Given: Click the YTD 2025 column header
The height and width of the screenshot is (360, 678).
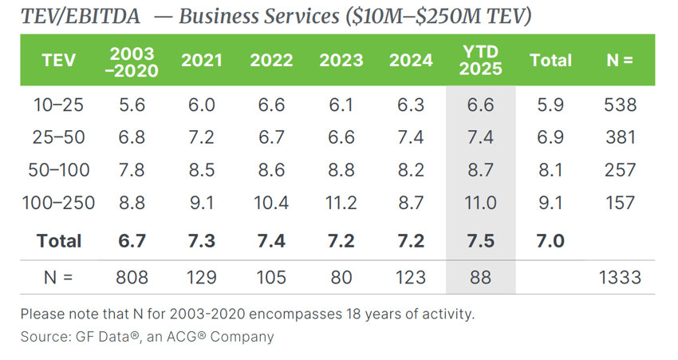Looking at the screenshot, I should pyautogui.click(x=481, y=60).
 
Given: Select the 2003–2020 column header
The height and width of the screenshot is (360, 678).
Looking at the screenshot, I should pyautogui.click(x=133, y=61).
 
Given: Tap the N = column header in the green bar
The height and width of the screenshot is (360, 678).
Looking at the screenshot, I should pyautogui.click(x=620, y=61).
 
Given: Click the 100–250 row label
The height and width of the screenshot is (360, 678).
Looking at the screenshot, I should pyautogui.click(x=59, y=203).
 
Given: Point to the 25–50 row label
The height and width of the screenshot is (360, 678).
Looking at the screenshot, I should pyautogui.click(x=59, y=137).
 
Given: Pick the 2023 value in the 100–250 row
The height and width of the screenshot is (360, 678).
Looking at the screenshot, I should pyautogui.click(x=341, y=203).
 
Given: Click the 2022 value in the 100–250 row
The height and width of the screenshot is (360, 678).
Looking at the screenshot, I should pyautogui.click(x=271, y=203).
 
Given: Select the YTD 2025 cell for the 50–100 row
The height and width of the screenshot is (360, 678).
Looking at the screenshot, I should pyautogui.click(x=481, y=170).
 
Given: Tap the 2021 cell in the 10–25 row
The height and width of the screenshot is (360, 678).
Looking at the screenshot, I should pyautogui.click(x=202, y=105).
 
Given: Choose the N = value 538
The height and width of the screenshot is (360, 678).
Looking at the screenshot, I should pyautogui.click(x=620, y=105).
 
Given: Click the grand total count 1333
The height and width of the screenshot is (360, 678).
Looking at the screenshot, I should pyautogui.click(x=620, y=278).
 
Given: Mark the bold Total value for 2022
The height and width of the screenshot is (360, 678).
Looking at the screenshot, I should pyautogui.click(x=271, y=240).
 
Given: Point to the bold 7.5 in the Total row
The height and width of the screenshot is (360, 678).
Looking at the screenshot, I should pyautogui.click(x=481, y=240).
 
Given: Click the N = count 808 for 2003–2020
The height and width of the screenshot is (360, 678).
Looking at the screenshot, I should pyautogui.click(x=133, y=278).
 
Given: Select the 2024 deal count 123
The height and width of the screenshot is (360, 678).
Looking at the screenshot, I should pyautogui.click(x=411, y=278).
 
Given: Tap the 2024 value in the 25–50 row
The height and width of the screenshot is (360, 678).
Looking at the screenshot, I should pyautogui.click(x=411, y=137).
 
